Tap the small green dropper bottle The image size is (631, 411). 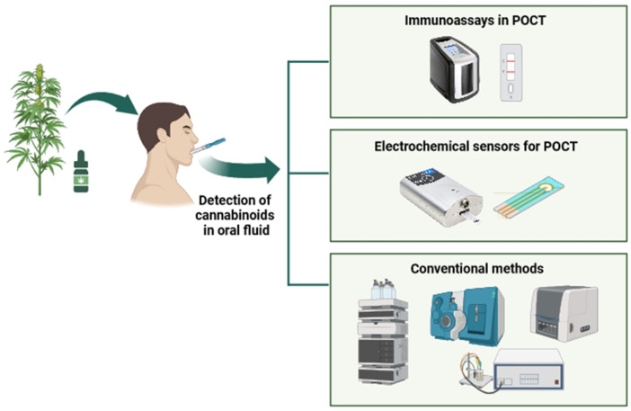(83, 174)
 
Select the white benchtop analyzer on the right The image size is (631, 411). (563, 312)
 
